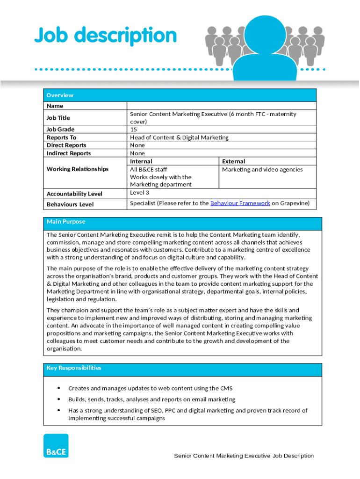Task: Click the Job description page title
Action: click(106, 36)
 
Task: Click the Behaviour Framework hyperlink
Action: click(240, 203)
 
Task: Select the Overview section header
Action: click(60, 95)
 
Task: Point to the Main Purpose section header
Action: click(66, 221)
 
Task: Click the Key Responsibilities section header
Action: click(74, 368)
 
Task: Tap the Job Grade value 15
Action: click(134, 129)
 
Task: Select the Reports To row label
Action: click(61, 138)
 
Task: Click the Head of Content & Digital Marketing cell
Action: click(179, 138)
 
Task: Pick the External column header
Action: click(233, 161)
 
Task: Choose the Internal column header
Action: click(141, 161)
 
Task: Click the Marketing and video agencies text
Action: click(262, 169)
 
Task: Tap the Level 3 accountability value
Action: click(140, 192)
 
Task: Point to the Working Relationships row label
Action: click(78, 169)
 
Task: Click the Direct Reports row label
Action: click(66, 145)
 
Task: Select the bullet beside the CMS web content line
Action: click(58, 388)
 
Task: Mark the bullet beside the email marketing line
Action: click(58, 399)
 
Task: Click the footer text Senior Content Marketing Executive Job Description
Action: click(244, 456)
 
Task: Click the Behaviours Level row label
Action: click(70, 204)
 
